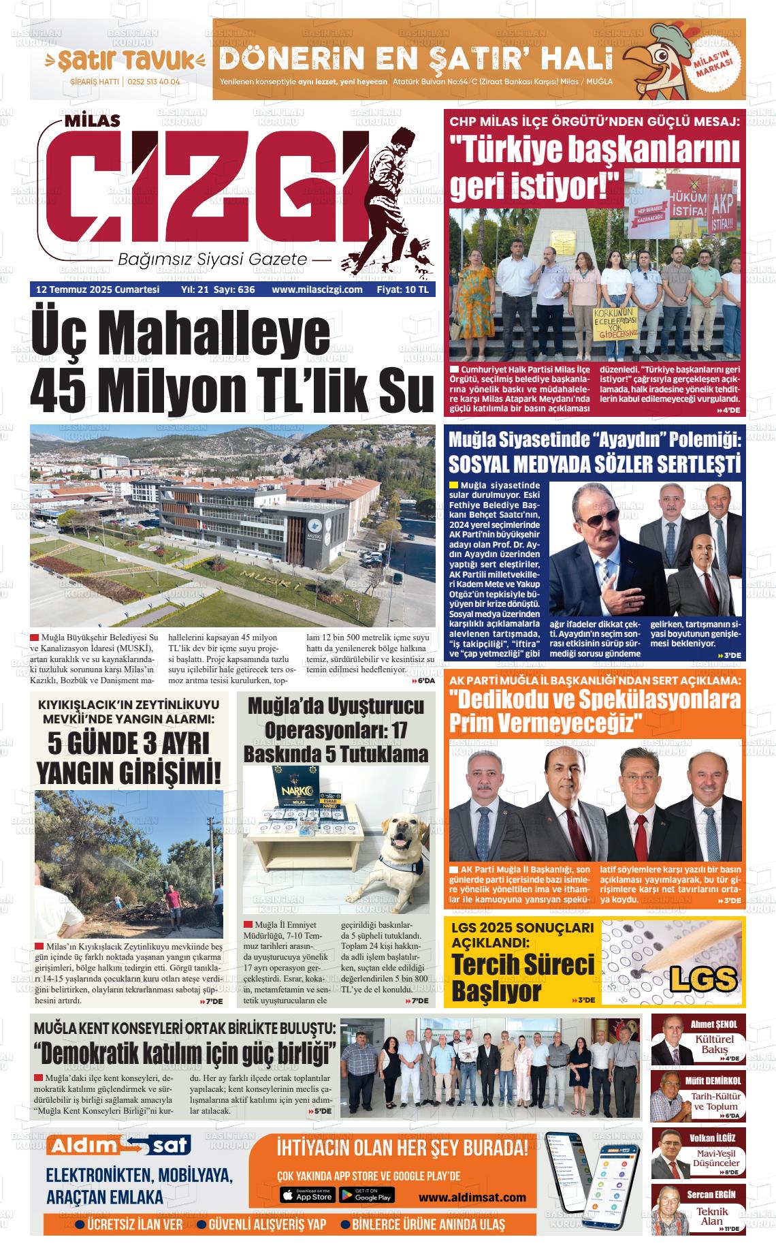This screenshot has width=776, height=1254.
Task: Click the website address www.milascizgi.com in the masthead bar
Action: (x=317, y=289)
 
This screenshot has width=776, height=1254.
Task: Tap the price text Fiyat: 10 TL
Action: (x=403, y=289)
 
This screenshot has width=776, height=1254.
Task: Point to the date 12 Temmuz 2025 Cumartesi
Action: (x=97, y=289)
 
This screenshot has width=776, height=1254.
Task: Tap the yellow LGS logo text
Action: (x=703, y=979)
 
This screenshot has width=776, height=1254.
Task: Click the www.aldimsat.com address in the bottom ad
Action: (x=472, y=1197)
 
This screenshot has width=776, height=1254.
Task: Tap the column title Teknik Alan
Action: (x=712, y=1216)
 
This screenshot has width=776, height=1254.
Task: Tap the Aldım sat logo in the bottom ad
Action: (x=118, y=1146)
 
